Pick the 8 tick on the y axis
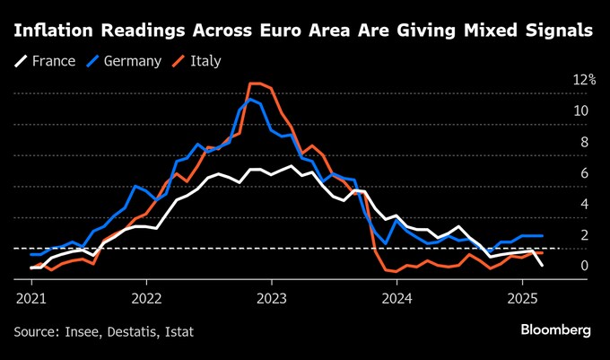click(x=584, y=142)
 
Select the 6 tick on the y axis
click(x=584, y=173)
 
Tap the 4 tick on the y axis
click(x=584, y=204)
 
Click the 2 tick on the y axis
click(x=584, y=235)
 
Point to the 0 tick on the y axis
click(x=584, y=266)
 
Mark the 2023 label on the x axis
click(x=272, y=297)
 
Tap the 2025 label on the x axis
click(x=522, y=297)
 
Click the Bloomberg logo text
click(x=556, y=330)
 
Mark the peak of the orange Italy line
click(x=255, y=83)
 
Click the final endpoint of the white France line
click(x=542, y=266)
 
